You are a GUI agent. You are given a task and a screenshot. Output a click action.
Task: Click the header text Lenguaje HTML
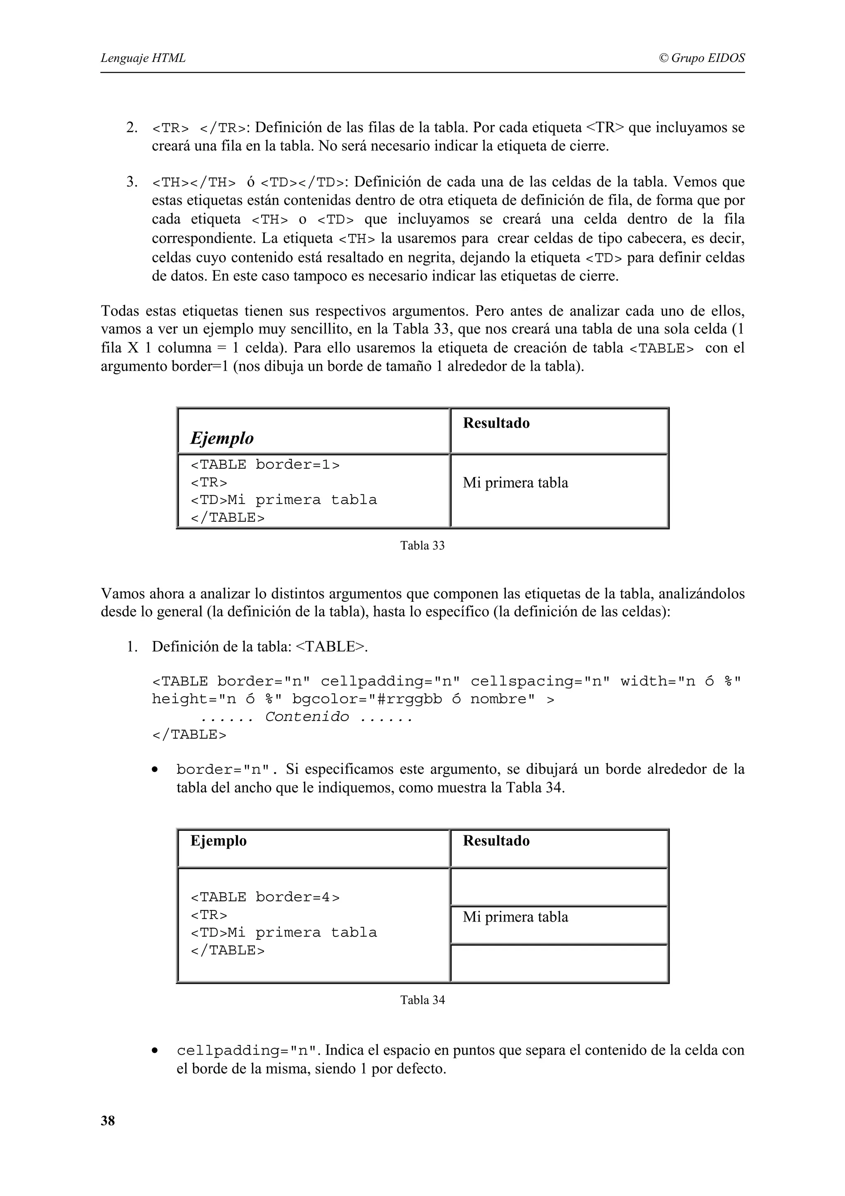click(x=143, y=58)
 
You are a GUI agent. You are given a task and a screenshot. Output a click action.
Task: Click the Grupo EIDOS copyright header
click(x=701, y=58)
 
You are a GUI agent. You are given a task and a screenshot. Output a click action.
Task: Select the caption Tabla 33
click(x=422, y=546)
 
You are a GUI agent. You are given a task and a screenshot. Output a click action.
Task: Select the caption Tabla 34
click(x=422, y=1000)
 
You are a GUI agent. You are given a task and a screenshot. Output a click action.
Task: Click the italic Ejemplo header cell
click(x=222, y=438)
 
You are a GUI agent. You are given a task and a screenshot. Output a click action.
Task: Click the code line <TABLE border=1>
click(x=265, y=465)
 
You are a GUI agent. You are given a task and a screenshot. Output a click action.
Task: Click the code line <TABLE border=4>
click(x=265, y=897)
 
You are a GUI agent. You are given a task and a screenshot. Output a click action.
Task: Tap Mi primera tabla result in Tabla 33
click(x=515, y=483)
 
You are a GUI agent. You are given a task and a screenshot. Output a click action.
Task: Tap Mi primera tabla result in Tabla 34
click(x=515, y=917)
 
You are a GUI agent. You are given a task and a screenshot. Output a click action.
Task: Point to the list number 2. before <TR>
click(x=132, y=128)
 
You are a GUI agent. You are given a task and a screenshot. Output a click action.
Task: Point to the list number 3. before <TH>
click(x=132, y=182)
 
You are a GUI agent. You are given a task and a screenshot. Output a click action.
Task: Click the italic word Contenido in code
click(x=307, y=717)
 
